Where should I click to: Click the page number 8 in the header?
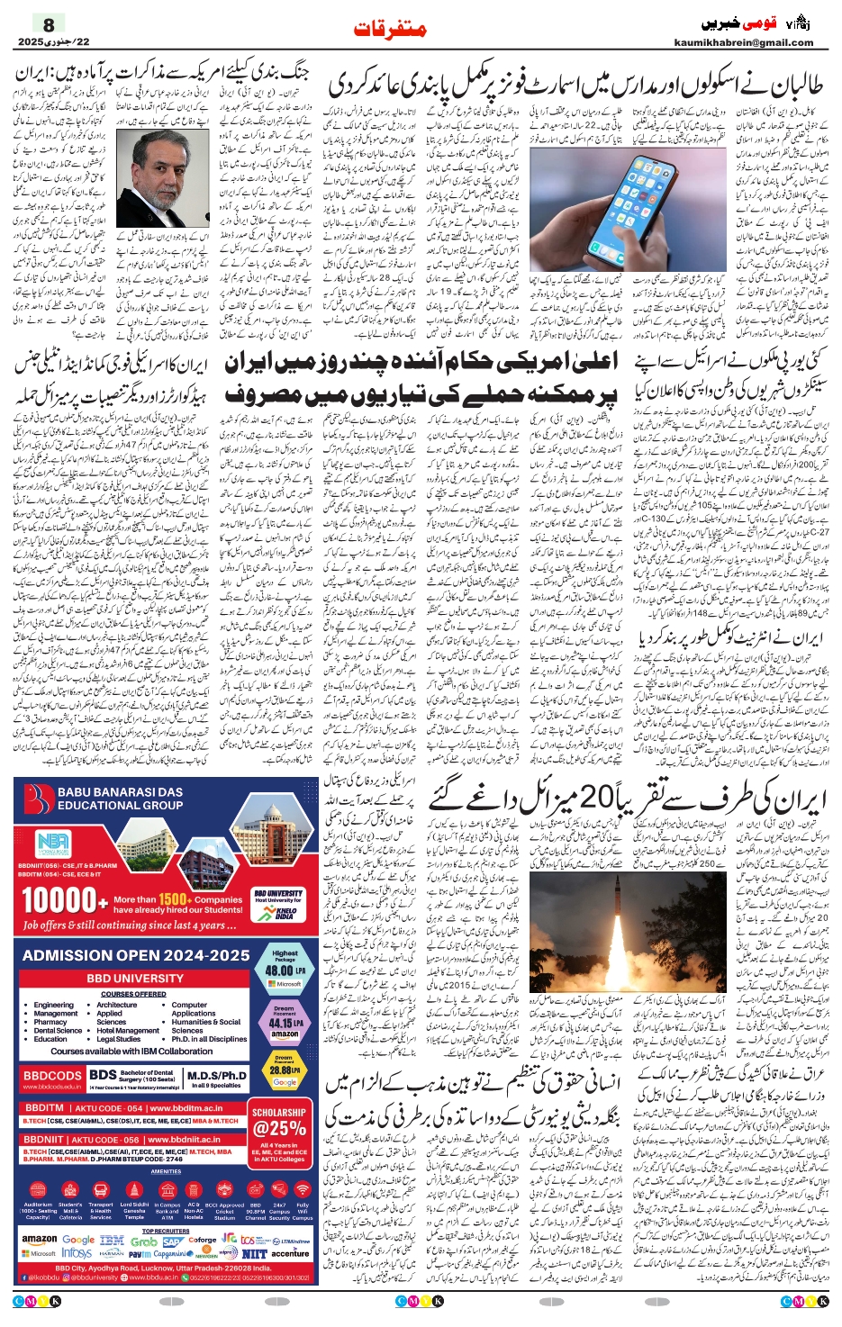(49, 24)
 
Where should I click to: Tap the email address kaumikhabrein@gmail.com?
(743, 42)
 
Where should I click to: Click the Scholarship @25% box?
(279, 1123)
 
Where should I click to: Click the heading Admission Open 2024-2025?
(135, 955)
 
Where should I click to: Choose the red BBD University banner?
(134, 978)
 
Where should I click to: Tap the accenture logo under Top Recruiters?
(290, 1253)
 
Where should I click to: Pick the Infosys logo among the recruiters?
(77, 1253)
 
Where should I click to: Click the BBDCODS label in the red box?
(52, 1076)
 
